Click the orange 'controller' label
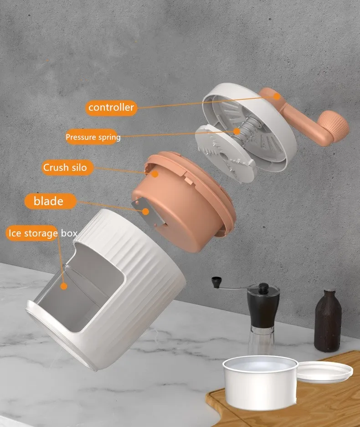click(111, 108)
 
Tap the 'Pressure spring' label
click(93, 137)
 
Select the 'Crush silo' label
click(65, 167)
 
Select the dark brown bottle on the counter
click(328, 320)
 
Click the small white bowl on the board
click(260, 382)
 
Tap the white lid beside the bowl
click(324, 372)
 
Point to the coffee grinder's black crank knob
click(216, 282)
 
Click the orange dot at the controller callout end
click(277, 96)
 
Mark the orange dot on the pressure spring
click(237, 131)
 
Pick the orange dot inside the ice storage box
click(64, 286)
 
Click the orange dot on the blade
click(146, 211)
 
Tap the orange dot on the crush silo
click(155, 174)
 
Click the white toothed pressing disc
click(226, 153)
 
